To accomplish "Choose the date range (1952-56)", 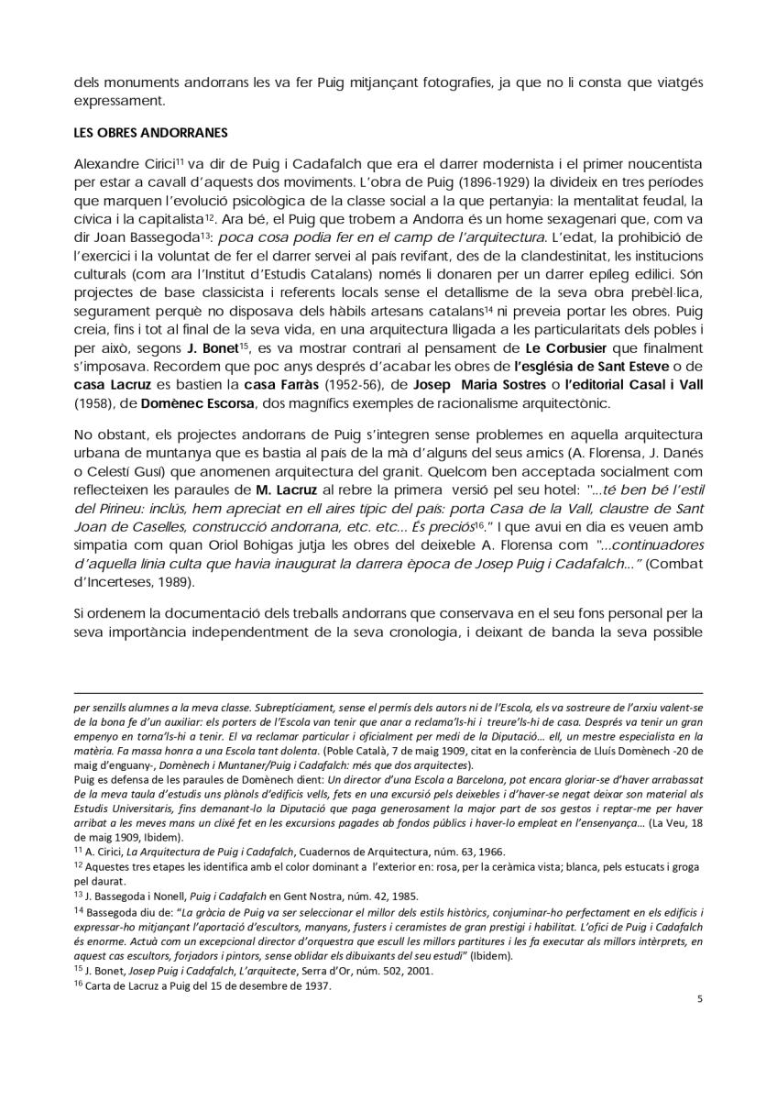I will pyautogui.click(x=334, y=385).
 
